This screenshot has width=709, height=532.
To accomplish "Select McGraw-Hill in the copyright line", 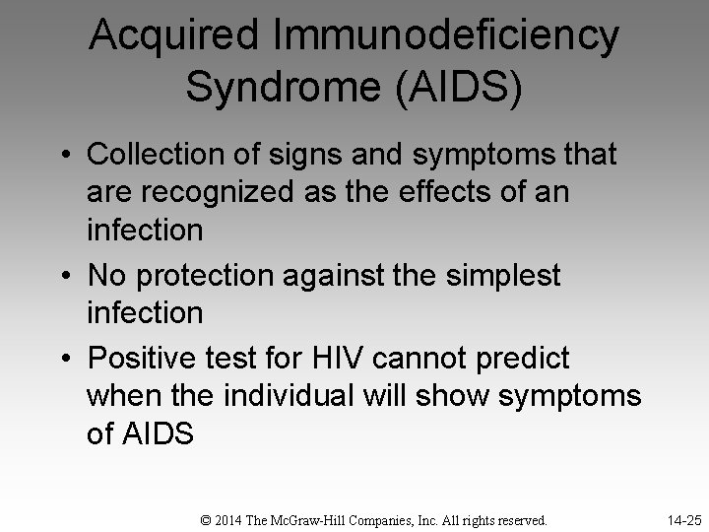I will pos(307,518).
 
